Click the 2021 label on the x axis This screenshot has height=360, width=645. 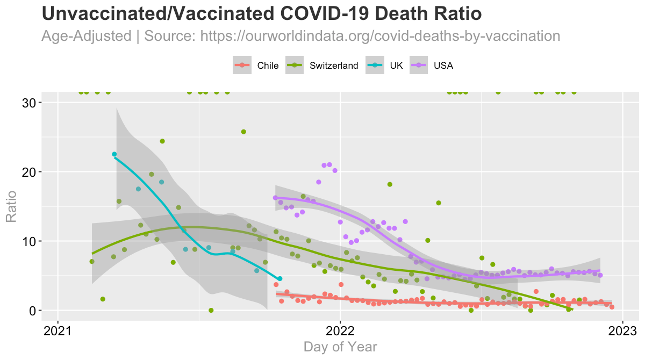[x=58, y=329]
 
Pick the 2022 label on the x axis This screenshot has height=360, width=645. [x=340, y=329]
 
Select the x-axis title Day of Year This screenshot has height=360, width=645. [x=340, y=347]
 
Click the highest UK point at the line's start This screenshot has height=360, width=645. [x=114, y=154]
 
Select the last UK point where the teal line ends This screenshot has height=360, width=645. [x=279, y=278]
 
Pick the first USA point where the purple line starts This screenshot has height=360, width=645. [x=275, y=198]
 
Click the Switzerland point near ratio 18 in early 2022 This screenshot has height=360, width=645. [x=390, y=184]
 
